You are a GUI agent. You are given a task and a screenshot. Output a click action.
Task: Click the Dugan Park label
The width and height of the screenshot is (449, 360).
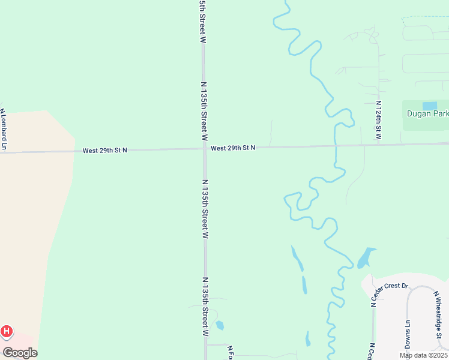(427, 113)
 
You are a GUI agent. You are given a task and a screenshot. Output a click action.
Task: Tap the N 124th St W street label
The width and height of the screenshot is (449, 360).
(378, 120)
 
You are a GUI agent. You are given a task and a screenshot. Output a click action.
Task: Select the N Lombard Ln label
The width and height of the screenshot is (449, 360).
(4, 129)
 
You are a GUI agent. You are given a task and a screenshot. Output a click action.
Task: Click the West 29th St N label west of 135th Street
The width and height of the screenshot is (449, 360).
(105, 150)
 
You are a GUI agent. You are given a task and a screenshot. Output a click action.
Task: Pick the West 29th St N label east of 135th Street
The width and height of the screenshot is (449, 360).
(233, 148)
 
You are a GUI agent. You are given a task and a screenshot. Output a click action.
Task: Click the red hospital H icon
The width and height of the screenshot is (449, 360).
(7, 331)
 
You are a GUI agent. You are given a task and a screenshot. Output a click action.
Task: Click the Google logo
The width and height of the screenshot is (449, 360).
(20, 353)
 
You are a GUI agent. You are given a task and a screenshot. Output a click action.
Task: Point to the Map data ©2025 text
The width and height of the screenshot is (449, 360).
(424, 355)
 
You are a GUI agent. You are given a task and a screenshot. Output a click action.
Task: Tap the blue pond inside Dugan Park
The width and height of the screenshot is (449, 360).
(430, 106)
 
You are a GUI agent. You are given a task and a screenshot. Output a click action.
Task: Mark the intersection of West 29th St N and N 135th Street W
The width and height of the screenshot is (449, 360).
(205, 148)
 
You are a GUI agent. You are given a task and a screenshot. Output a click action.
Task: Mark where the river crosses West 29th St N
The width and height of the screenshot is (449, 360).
(336, 146)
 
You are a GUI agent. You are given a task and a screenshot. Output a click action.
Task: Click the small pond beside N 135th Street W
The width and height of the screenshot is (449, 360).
(220, 325)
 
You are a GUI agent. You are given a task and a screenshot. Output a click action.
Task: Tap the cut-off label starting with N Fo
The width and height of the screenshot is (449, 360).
(229, 352)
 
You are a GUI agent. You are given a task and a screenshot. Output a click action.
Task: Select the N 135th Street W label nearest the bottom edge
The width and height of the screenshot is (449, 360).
(205, 306)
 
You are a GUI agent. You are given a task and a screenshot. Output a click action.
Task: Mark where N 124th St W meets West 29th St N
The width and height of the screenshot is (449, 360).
(379, 145)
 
